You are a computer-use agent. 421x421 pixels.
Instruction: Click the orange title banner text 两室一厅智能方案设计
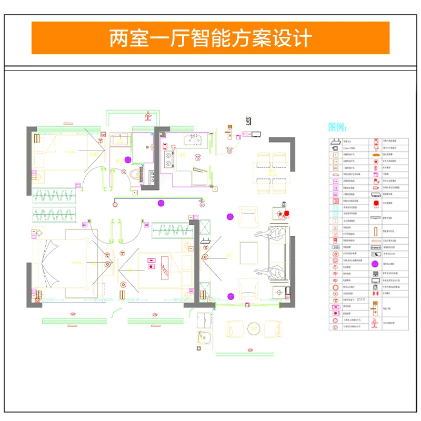pyautogui.click(x=210, y=38)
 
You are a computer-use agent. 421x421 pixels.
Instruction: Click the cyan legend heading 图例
pyautogui.click(x=337, y=127)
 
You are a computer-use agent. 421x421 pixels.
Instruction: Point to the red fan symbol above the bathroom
pyautogui.click(x=149, y=114)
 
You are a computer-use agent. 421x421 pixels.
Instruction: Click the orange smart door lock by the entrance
pyautogui.click(x=229, y=132)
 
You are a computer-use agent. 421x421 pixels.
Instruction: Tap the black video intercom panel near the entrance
pyautogui.click(x=248, y=121)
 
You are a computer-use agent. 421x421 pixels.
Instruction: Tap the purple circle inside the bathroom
pyautogui.click(x=128, y=160)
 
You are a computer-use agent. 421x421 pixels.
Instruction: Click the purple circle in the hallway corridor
pyautogui.click(x=161, y=203)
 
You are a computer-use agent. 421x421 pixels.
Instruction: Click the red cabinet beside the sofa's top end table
pyautogui.click(x=287, y=213)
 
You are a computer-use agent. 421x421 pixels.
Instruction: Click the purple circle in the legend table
pyautogui.click(x=376, y=264)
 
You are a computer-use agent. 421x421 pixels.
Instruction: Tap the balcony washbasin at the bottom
pyautogui.click(x=202, y=337)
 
